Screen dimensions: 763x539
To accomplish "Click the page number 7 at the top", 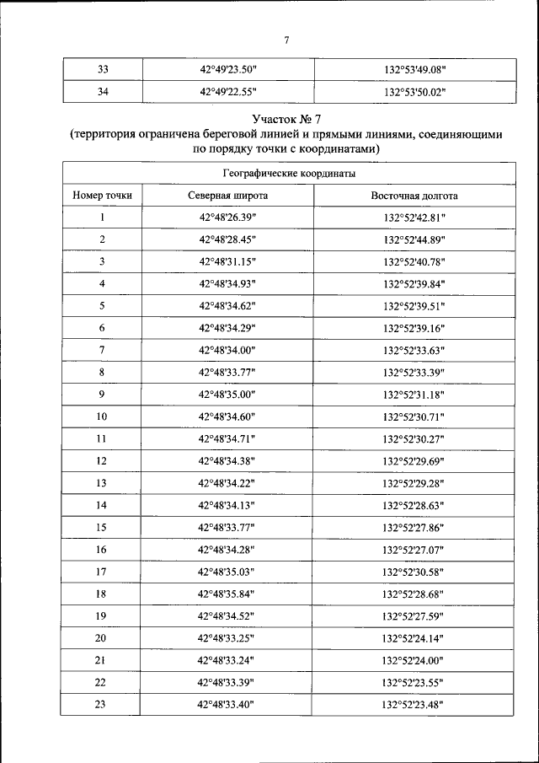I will (x=287, y=39).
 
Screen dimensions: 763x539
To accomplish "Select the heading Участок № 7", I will (x=287, y=119).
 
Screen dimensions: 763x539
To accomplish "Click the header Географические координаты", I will (x=287, y=173).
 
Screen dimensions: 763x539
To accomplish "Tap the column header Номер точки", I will (x=102, y=196).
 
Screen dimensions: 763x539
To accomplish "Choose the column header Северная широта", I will (x=227, y=196).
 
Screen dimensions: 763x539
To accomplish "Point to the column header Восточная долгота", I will (x=414, y=196).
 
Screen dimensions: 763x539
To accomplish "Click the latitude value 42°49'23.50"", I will (x=227, y=70).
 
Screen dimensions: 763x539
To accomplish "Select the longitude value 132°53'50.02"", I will (x=414, y=92).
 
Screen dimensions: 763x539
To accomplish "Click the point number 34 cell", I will (x=102, y=92).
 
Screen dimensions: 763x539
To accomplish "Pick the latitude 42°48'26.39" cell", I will (x=227, y=218).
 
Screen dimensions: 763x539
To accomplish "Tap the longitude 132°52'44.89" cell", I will (x=414, y=239).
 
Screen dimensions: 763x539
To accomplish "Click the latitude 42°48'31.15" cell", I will (x=227, y=261).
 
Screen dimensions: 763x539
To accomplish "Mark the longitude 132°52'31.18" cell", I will (x=414, y=395).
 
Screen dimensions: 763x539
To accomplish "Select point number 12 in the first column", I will (x=102, y=460).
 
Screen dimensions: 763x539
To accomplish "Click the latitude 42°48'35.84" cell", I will (x=227, y=594).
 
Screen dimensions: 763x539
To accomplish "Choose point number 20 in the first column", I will (x=102, y=637).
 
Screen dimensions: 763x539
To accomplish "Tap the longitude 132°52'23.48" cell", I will (x=414, y=704).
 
